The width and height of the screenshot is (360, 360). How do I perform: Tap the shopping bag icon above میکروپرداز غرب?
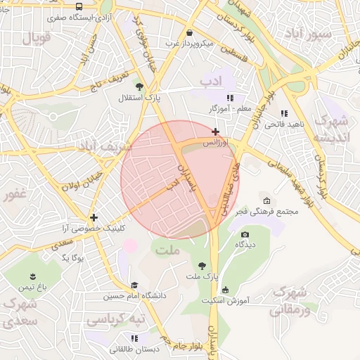[x=189, y=32]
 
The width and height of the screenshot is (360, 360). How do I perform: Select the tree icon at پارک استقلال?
[x=139, y=85]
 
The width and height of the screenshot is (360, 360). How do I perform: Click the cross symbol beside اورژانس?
[x=215, y=131]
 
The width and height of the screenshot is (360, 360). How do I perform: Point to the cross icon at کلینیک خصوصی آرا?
[x=94, y=217]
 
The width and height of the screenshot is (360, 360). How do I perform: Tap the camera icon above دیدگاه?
[x=245, y=234]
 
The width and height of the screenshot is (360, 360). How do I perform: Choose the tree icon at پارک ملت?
[x=203, y=266]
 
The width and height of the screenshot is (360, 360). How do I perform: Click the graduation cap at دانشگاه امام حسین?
[x=134, y=285]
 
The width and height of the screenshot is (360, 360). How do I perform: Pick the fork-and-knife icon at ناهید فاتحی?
[x=284, y=113]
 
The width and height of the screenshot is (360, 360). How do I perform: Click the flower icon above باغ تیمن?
[x=32, y=276]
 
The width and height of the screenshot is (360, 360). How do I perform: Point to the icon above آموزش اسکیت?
[x=225, y=290]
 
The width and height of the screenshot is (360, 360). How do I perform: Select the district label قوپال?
[x=37, y=37]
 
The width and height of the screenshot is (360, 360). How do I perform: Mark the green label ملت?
[x=170, y=250]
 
